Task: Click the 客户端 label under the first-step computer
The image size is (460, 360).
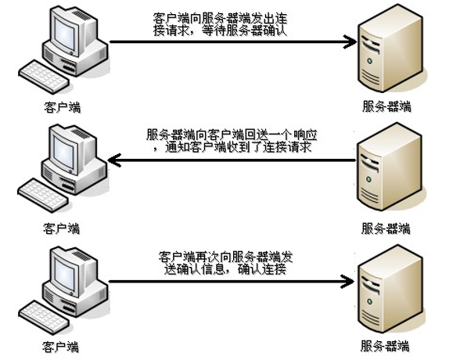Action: pyautogui.click(x=62, y=106)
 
